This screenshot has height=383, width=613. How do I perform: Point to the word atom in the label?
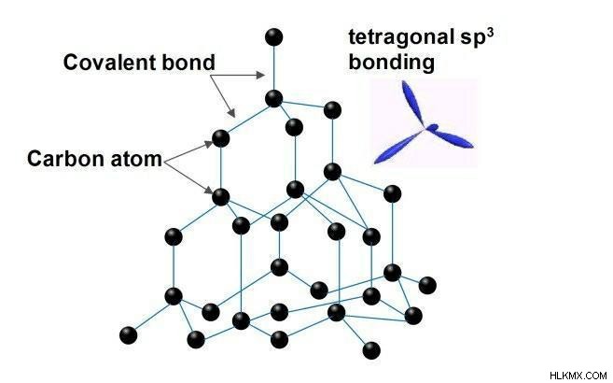[136, 160]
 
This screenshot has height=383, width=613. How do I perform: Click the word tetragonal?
[399, 38]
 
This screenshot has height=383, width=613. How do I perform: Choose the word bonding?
[391, 63]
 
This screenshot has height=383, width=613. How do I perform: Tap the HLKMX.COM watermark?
[578, 376]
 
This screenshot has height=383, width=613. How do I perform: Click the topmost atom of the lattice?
[273, 37]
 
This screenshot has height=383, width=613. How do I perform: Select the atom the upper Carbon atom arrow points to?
[221, 138]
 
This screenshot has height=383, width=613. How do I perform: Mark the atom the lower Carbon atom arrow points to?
[221, 197]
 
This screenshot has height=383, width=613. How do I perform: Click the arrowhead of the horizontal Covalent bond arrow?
[260, 75]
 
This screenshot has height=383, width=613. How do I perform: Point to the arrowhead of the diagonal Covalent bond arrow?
[232, 113]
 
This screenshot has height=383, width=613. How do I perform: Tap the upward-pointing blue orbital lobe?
[412, 103]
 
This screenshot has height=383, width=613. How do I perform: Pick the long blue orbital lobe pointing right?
[453, 138]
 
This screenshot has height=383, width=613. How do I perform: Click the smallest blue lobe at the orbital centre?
[432, 127]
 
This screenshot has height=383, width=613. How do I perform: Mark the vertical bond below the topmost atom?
[273, 67]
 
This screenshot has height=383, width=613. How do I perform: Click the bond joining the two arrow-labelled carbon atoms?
[221, 167]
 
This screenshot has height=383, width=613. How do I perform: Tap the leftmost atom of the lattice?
[128, 335]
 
